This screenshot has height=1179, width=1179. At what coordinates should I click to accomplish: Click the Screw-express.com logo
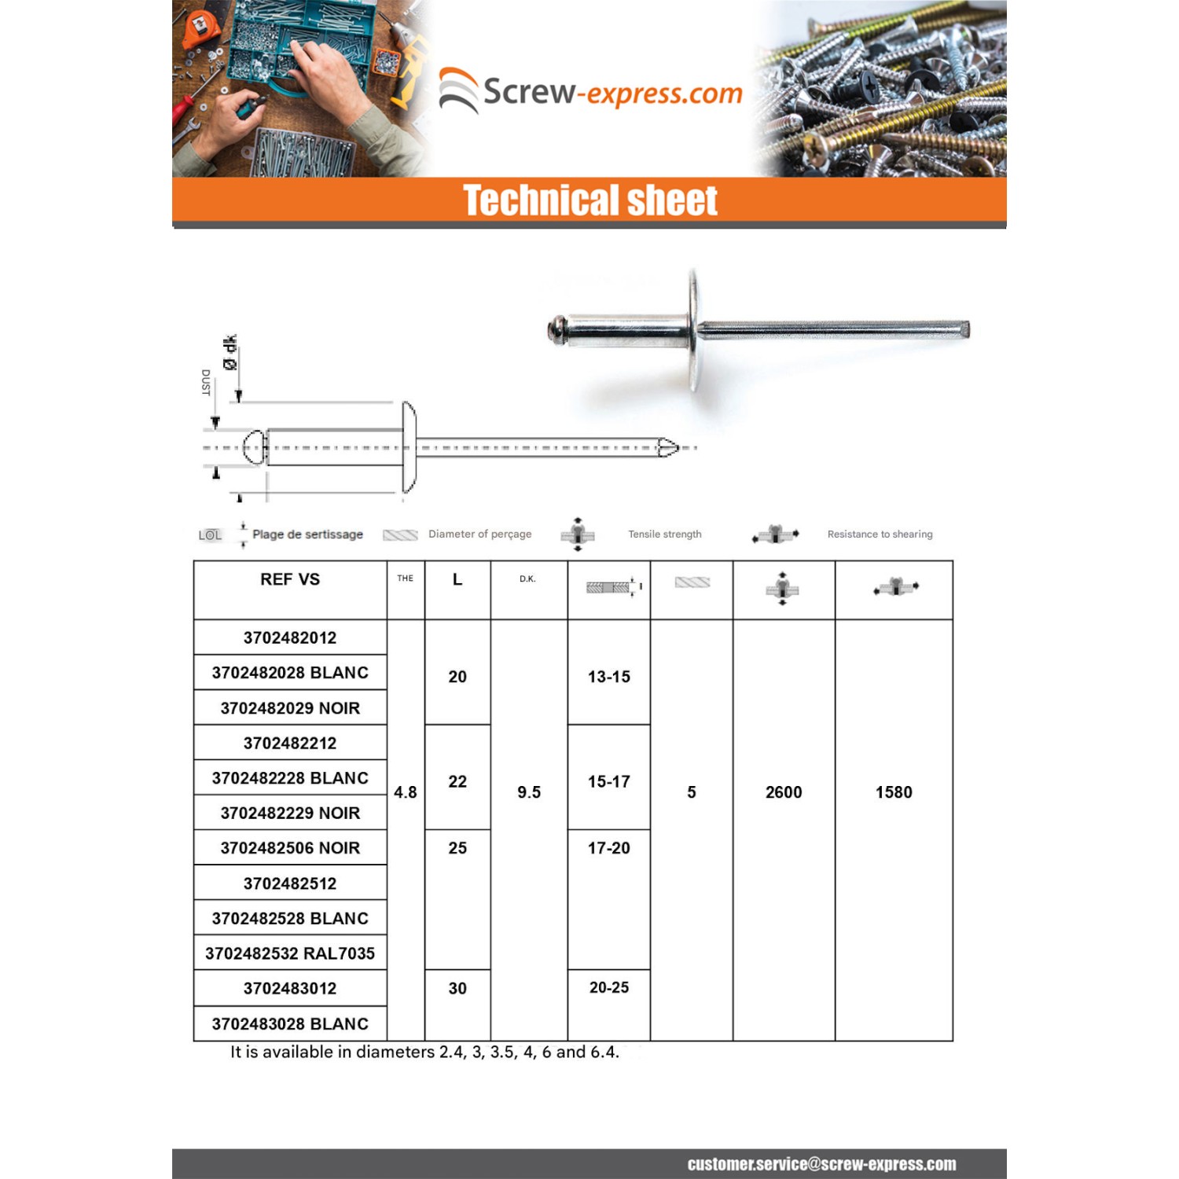coord(589,92)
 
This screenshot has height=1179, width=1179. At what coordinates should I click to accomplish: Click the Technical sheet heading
coord(589,200)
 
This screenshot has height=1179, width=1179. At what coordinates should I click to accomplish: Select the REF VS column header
coord(290,579)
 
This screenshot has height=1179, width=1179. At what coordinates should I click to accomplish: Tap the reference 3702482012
coord(290,637)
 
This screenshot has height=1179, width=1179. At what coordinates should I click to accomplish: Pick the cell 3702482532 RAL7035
coord(290,953)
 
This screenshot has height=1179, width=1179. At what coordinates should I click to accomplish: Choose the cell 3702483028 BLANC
coord(290,1023)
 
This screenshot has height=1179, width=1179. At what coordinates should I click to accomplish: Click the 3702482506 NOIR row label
coord(290,848)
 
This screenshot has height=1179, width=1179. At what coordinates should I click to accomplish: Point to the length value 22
coord(457,781)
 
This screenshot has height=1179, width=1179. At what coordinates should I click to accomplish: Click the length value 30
coord(457,988)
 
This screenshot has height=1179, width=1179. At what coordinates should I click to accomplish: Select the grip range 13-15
coord(609,677)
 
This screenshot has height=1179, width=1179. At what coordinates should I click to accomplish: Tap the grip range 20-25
coord(609,987)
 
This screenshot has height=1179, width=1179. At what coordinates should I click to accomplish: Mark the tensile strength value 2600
coord(784,792)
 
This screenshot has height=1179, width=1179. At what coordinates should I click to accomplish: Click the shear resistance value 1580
coord(894,792)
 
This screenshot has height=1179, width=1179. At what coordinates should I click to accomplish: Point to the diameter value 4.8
coord(406,792)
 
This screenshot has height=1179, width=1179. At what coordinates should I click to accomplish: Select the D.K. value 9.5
coord(529,792)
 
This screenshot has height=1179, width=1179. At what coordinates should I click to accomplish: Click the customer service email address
coord(821,1164)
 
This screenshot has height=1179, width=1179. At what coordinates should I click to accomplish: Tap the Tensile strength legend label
coord(665,534)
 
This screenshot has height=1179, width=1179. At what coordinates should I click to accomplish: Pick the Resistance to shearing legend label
coord(880,534)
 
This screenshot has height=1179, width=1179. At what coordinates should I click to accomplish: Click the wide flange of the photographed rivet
coord(693,330)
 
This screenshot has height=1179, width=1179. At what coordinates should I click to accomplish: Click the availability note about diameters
coord(424,1052)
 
